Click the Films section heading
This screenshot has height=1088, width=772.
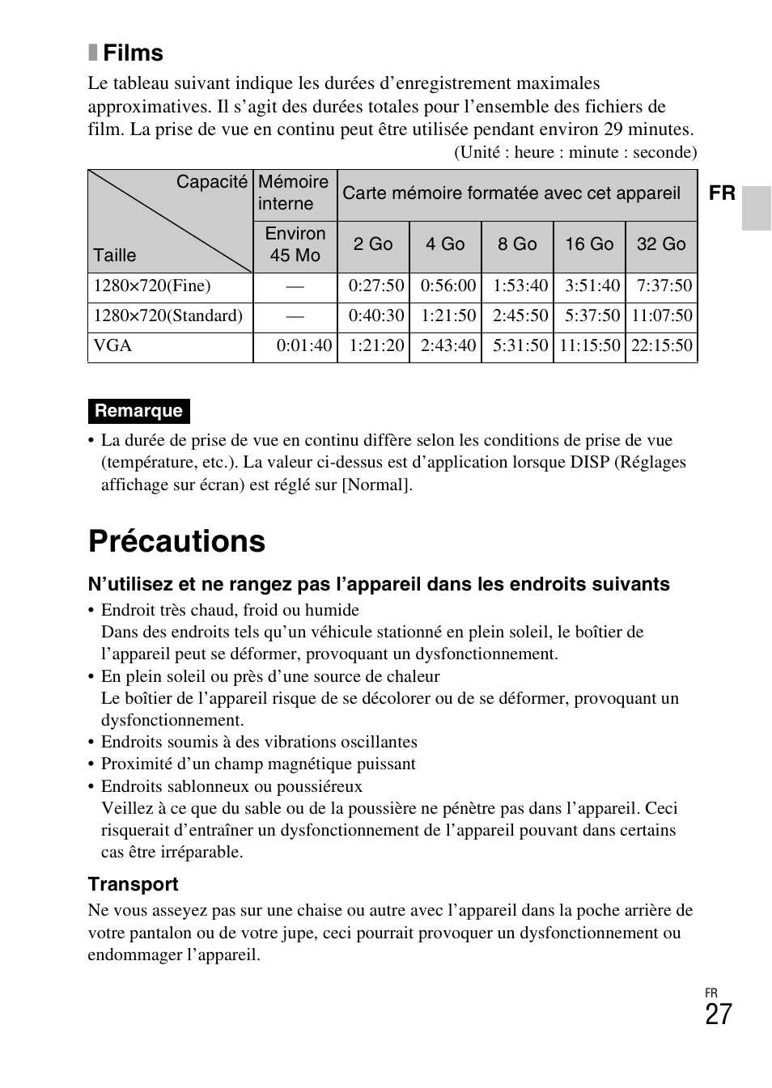132,53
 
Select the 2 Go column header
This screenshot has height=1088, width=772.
372,244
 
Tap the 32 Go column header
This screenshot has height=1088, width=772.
660,244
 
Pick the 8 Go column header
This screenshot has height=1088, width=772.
517,244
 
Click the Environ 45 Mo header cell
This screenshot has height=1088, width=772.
295,244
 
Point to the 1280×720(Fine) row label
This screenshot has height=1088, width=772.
152,286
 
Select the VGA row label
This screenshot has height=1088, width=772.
112,345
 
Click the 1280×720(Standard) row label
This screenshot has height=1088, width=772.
168,315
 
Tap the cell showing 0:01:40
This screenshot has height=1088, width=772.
303,345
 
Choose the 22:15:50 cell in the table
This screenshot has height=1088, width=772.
661,345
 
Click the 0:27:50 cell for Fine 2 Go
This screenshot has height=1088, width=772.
376,286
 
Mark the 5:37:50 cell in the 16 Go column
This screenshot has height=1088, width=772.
592,315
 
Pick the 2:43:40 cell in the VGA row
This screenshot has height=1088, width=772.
448,345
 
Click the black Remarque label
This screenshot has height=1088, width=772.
138,411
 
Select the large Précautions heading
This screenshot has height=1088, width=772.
176,541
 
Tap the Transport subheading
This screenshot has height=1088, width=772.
133,884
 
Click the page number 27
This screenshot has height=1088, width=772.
718,1014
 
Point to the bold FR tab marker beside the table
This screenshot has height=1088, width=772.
722,193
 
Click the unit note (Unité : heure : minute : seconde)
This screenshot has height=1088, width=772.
575,152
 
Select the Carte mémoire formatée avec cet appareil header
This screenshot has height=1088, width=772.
511,193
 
